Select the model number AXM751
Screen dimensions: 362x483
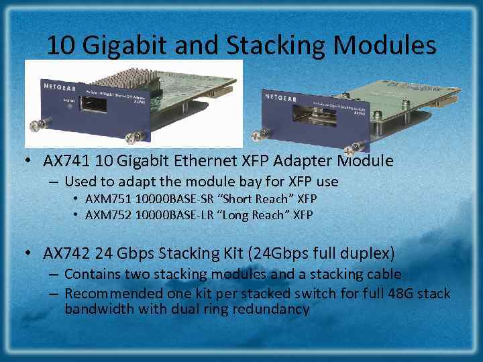108,199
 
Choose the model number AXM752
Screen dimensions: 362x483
108,215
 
